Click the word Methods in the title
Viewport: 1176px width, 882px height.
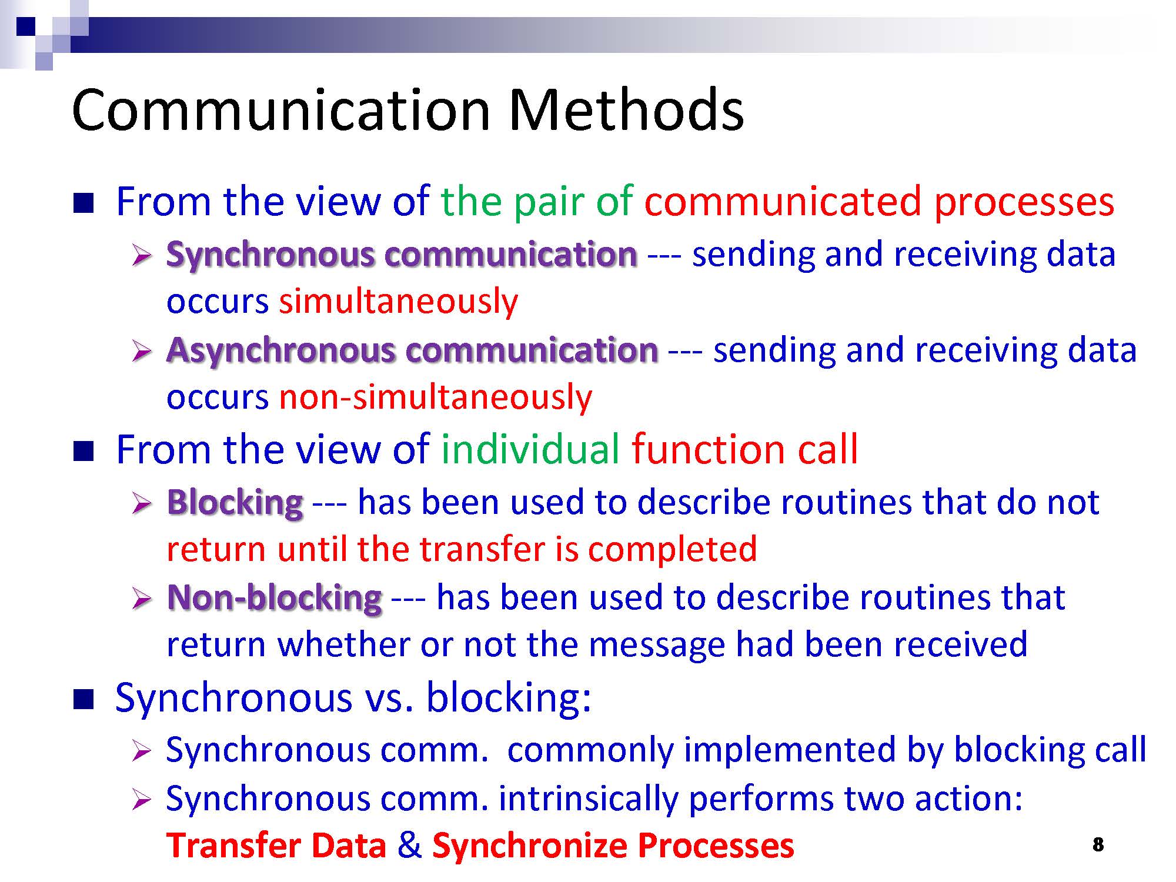click(x=626, y=110)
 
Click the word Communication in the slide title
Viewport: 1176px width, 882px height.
click(x=281, y=110)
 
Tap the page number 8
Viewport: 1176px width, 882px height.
click(x=1098, y=845)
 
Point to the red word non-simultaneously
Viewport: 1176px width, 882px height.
click(x=435, y=397)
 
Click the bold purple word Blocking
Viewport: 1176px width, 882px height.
click(x=235, y=503)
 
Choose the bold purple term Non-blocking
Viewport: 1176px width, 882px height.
click(x=275, y=598)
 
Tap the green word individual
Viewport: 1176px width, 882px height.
click(x=530, y=449)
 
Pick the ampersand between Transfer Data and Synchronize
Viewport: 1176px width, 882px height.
click(x=409, y=846)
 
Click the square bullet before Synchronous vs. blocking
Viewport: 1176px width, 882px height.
click(x=84, y=700)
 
